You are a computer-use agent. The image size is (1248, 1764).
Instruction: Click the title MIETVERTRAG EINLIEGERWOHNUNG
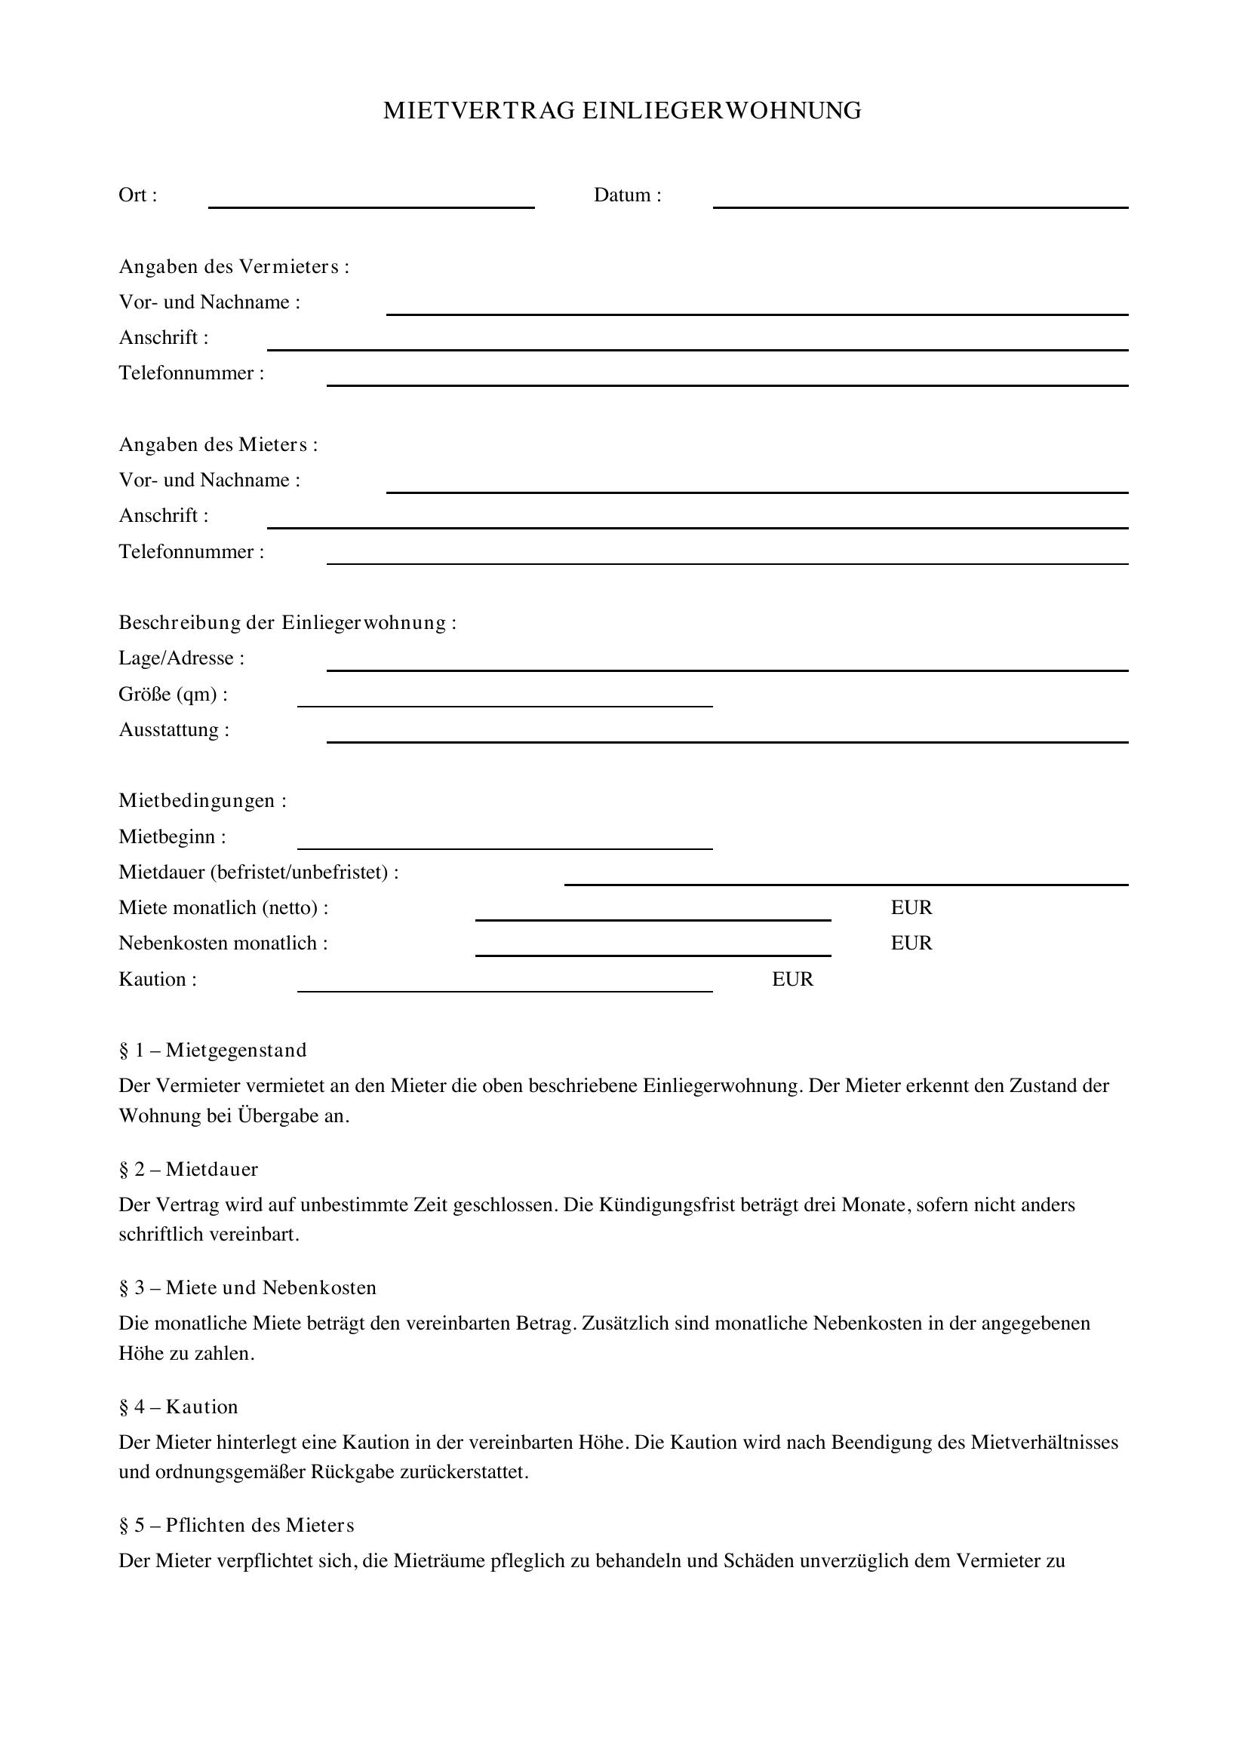(x=622, y=111)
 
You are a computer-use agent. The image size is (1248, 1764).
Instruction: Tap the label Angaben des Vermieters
(x=234, y=266)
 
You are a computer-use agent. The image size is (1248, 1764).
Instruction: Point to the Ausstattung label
(x=174, y=730)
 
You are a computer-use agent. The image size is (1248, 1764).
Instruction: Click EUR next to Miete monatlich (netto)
(x=911, y=908)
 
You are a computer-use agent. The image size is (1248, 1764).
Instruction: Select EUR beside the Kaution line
(x=792, y=980)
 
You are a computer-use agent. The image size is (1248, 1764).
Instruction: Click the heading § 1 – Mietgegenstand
(x=213, y=1051)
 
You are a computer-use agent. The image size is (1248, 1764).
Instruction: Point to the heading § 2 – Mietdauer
(x=189, y=1170)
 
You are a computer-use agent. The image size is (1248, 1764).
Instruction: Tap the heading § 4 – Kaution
(x=178, y=1407)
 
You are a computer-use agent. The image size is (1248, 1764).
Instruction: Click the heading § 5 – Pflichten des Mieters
(x=237, y=1525)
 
